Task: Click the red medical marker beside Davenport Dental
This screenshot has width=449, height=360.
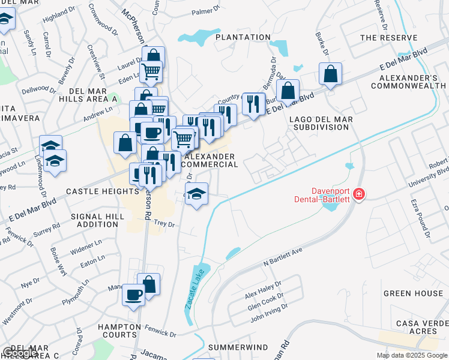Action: point(359,194)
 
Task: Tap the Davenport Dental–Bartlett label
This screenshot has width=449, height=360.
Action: point(324,194)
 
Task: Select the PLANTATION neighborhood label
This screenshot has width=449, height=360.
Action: point(243,37)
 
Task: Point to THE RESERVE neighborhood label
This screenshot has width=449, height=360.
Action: point(388,38)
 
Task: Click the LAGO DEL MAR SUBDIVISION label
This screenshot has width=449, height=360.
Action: point(321,124)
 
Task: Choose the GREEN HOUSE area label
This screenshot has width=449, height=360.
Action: point(413,293)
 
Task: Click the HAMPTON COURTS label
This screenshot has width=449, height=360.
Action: point(118,331)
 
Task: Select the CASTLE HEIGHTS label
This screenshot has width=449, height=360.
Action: point(103,191)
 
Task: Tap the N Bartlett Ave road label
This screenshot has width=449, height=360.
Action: point(282,257)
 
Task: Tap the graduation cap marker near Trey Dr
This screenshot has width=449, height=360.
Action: point(196,194)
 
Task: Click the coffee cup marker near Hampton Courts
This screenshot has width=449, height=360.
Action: point(133,295)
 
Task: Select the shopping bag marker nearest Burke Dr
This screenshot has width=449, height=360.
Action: point(331,74)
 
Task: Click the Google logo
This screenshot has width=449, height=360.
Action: point(20,353)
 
